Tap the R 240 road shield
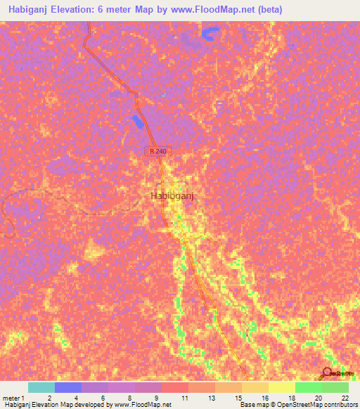pyautogui.click(x=159, y=151)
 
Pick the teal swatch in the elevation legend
pyautogui.click(x=41, y=387)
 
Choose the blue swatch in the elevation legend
pyautogui.click(x=68, y=387)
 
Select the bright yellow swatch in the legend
pyautogui.click(x=282, y=387)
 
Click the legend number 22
pyautogui.click(x=345, y=398)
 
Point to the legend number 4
pyautogui.click(x=75, y=398)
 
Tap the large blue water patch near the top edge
pyautogui.click(x=210, y=33)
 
